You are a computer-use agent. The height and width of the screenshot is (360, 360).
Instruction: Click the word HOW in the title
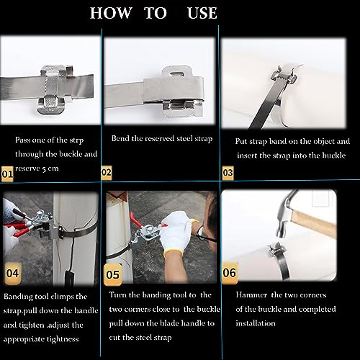click(x=111, y=13)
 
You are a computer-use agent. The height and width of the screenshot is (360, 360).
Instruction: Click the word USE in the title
click(x=202, y=13)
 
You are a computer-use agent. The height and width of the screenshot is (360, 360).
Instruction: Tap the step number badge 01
click(x=7, y=174)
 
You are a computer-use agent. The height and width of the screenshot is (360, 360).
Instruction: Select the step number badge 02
click(x=107, y=173)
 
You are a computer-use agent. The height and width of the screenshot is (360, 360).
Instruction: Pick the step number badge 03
click(x=228, y=173)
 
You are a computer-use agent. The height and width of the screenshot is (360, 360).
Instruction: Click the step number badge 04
click(x=13, y=274)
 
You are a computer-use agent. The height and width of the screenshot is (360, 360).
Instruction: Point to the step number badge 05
click(x=112, y=275)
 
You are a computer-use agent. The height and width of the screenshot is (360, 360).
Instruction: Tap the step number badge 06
click(x=230, y=273)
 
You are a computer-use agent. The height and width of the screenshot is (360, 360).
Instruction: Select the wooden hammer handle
click(x=313, y=224)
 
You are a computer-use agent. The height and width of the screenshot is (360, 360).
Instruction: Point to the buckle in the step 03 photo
click(x=284, y=75)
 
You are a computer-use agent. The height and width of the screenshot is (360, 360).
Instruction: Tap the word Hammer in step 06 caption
click(x=251, y=295)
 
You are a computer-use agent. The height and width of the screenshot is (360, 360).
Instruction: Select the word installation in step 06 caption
click(x=256, y=323)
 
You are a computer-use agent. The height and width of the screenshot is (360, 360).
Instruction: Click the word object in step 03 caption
click(x=322, y=142)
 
